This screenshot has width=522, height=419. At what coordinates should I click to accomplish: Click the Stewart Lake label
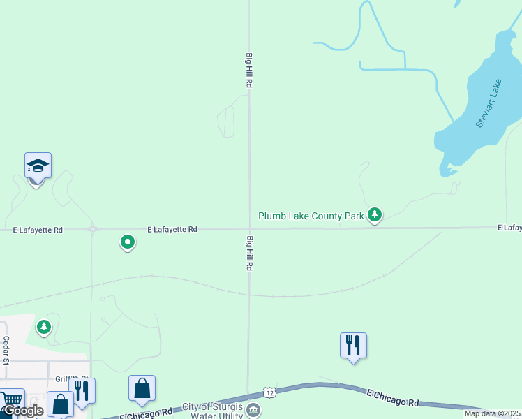tap(489, 103)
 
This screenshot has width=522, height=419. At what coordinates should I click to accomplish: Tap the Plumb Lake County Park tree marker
tap(375, 214)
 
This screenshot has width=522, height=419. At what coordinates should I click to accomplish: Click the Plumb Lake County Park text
tap(311, 216)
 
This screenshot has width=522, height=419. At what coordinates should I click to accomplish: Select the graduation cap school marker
tap(38, 166)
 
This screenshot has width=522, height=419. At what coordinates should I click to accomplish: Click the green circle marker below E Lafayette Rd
tap(128, 242)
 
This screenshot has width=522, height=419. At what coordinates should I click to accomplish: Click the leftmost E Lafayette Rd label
tap(38, 230)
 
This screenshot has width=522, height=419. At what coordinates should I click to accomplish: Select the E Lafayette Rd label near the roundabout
tap(172, 229)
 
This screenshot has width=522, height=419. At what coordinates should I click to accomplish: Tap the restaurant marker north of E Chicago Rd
tap(353, 345)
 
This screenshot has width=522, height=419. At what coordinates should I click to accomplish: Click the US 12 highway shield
tap(270, 393)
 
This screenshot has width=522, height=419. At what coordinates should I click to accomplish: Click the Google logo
tap(22, 411)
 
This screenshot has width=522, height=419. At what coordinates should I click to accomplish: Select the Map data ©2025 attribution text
tap(493, 413)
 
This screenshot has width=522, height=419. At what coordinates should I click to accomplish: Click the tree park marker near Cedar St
tap(44, 326)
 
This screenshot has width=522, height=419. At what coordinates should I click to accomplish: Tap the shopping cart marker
tap(10, 400)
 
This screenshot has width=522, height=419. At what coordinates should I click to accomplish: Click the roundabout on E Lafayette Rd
tap(91, 228)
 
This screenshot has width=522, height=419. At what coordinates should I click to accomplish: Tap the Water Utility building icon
tap(253, 410)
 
